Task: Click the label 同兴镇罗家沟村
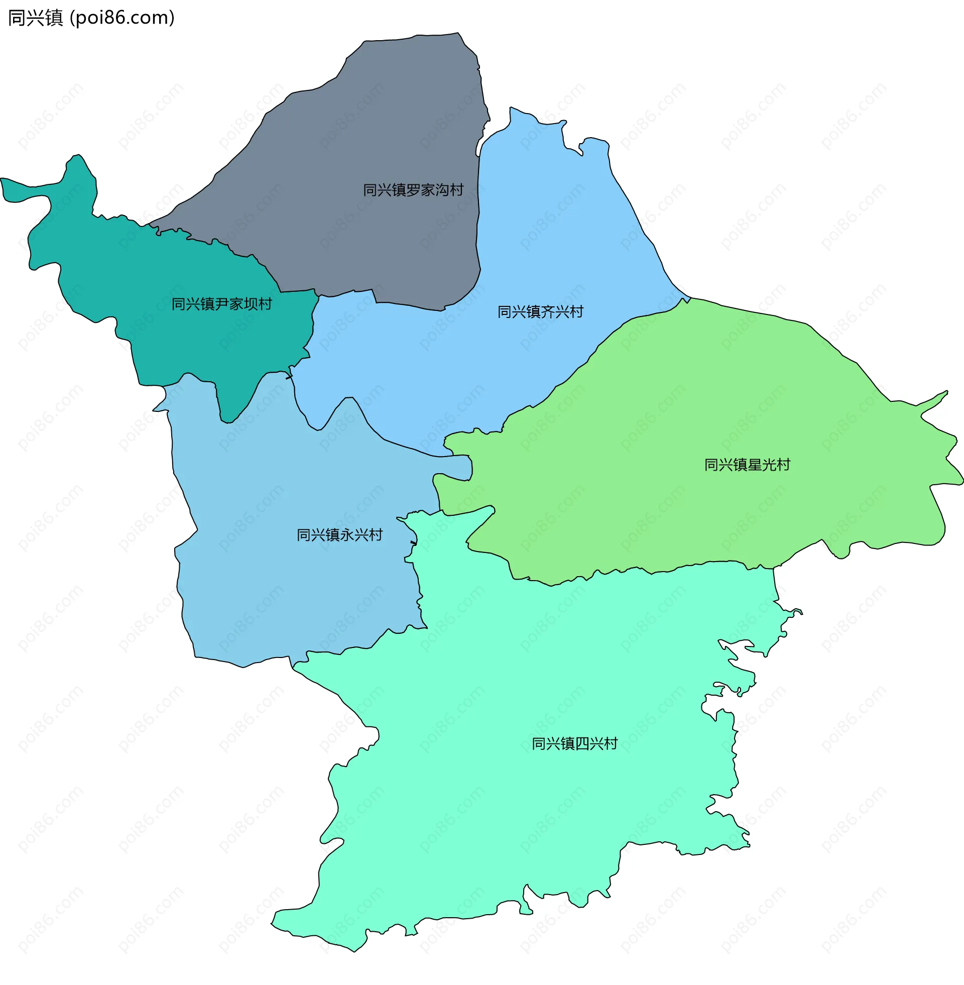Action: [413, 190]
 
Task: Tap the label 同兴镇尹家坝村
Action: [222, 304]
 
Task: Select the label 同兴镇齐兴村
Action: [540, 311]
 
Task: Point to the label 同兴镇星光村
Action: [747, 465]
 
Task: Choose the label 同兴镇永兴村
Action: [339, 535]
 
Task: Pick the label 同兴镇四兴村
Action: [574, 743]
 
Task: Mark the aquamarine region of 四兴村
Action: [506, 810]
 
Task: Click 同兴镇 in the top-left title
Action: [35, 18]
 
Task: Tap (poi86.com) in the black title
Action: [122, 18]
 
